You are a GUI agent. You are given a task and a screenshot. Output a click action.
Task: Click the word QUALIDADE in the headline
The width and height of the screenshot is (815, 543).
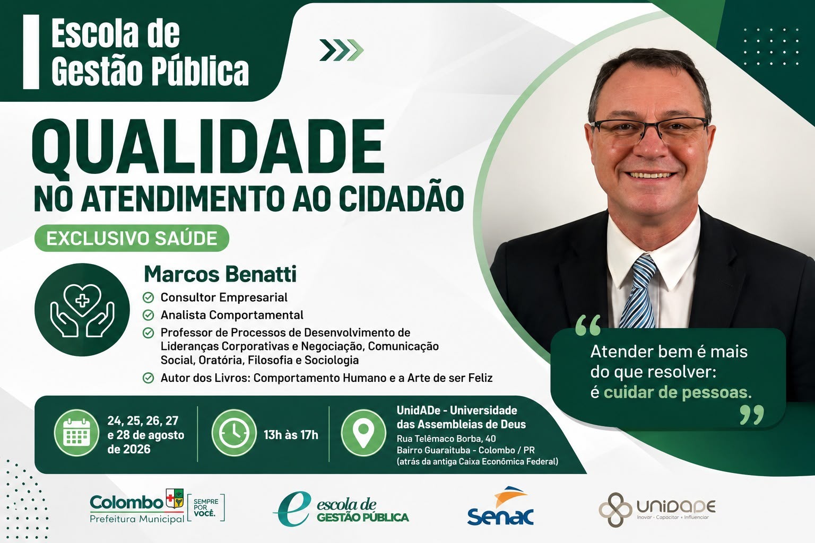point(209,147)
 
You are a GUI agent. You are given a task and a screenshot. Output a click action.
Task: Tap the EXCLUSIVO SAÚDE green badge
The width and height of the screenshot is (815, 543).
point(132,238)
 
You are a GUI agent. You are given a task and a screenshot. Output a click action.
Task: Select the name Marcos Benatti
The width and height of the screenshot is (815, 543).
point(220,274)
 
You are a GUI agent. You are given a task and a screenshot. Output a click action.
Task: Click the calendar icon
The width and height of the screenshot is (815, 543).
point(76,433)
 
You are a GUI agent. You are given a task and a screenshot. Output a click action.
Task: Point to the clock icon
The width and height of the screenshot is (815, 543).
point(234,433)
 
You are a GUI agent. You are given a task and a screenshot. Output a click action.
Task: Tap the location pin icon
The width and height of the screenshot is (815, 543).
point(363,433)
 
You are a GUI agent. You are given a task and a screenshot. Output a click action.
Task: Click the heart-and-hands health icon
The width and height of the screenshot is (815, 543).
point(82,310)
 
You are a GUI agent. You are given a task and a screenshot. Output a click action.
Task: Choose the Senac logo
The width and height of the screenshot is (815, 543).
point(500,506)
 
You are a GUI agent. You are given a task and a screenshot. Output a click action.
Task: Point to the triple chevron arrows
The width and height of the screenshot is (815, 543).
point(341,50)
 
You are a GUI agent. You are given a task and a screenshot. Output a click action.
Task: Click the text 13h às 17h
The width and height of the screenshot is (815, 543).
point(291,435)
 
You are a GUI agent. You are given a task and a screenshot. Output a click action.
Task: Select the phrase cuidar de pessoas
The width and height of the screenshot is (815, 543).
point(678,392)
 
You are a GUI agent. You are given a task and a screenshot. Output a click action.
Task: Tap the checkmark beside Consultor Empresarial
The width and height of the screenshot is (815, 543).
point(148,297)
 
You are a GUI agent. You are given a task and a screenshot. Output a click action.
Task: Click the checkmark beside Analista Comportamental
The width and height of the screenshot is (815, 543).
point(148,315)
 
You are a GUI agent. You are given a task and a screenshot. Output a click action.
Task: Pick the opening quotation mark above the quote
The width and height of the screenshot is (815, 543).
point(588,325)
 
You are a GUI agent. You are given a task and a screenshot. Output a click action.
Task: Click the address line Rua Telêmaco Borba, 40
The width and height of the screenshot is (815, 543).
point(446,439)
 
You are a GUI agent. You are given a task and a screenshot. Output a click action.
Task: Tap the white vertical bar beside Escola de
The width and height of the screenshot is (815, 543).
point(31,52)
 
